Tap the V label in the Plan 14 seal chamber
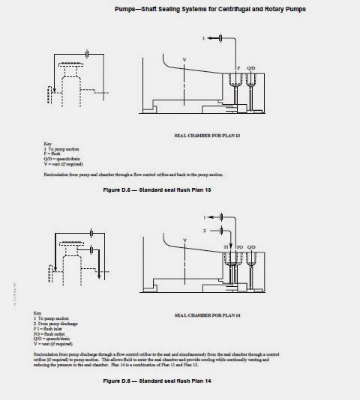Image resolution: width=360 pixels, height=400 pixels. click(x=185, y=240)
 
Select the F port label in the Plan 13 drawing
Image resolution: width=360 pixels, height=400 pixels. click(x=239, y=67)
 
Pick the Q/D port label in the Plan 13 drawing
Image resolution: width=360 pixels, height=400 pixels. click(x=252, y=67)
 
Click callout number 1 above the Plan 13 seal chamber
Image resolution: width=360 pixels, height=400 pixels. click(x=202, y=37)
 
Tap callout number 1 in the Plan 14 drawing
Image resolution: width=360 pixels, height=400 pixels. click(x=203, y=217)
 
